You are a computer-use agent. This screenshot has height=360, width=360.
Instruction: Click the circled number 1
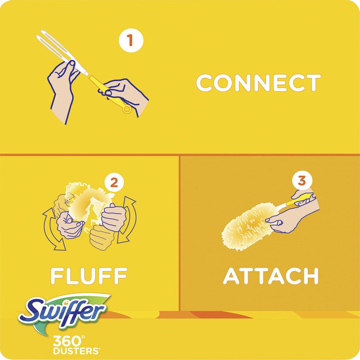click(131, 40)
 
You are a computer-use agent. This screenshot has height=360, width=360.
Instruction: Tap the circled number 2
click(114, 183)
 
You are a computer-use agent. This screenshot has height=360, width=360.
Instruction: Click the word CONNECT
click(258, 83)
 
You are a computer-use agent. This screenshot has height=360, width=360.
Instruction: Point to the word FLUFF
click(89, 275)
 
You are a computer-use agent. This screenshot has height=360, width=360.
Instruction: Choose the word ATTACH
click(271, 275)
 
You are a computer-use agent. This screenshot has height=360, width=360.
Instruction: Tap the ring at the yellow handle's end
click(127, 109)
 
